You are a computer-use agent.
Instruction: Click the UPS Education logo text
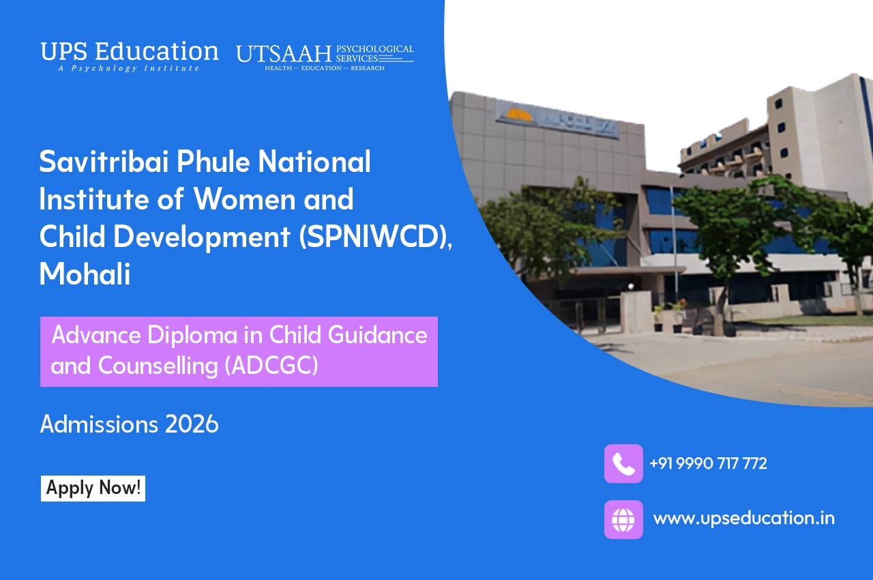pyautogui.click(x=130, y=52)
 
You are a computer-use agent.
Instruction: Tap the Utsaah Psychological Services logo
pyautogui.click(x=325, y=56)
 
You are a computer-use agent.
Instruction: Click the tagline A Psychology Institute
pyautogui.click(x=129, y=68)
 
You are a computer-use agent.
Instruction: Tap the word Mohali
pyautogui.click(x=85, y=274)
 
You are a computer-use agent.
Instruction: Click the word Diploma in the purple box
pyautogui.click(x=202, y=335)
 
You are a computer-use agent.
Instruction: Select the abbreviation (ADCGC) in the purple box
pyautogui.click(x=271, y=366)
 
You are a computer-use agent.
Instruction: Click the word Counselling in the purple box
pyautogui.click(x=158, y=366)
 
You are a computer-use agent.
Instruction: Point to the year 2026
pyautogui.click(x=192, y=424)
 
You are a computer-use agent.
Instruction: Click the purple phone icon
pyautogui.click(x=623, y=464)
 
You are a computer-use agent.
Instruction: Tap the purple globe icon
pyautogui.click(x=623, y=519)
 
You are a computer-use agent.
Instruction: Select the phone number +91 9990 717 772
pyautogui.click(x=708, y=464)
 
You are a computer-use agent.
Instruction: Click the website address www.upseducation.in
pyautogui.click(x=743, y=518)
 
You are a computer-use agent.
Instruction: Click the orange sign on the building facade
pyautogui.click(x=520, y=115)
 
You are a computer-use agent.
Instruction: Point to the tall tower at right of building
pyautogui.click(x=818, y=130)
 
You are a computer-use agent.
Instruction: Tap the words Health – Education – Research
pyautogui.click(x=325, y=68)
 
